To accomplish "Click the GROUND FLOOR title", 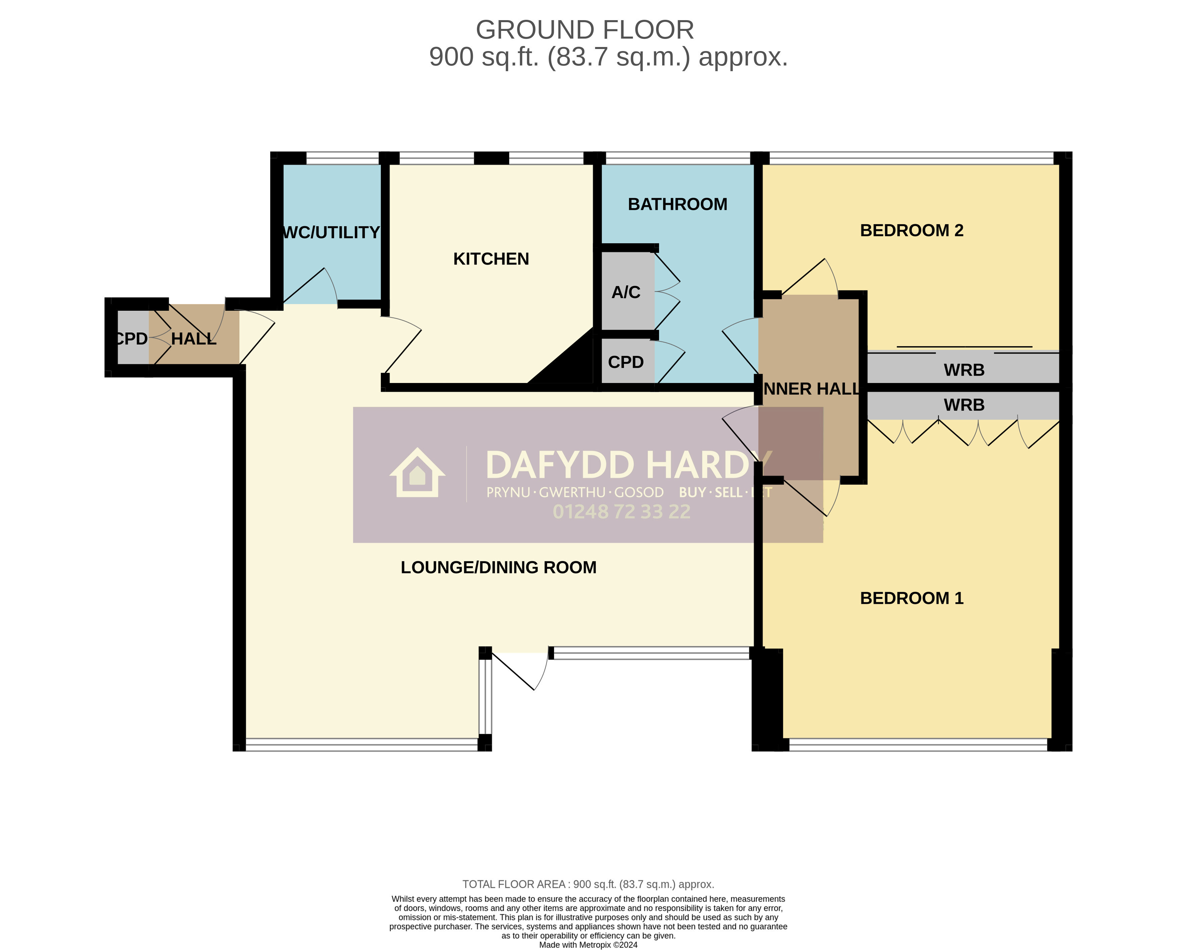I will click(x=584, y=30).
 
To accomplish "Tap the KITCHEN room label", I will click(x=491, y=259).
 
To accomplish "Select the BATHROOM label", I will click(x=677, y=204).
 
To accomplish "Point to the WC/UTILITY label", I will click(x=331, y=233).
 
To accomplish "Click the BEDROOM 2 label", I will click(x=911, y=230).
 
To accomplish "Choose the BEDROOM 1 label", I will click(x=911, y=598).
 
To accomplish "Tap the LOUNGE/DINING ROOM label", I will click(x=498, y=568).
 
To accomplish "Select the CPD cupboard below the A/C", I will click(x=626, y=362).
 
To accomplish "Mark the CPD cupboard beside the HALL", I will click(x=132, y=339).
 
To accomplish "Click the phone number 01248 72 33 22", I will click(x=621, y=512).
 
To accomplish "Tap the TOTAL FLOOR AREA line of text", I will click(x=588, y=884).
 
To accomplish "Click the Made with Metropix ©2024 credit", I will click(x=588, y=945).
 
